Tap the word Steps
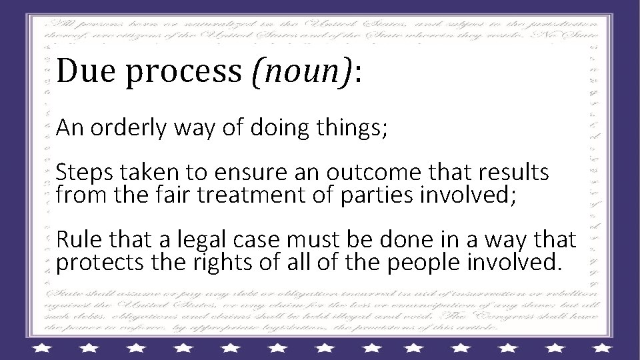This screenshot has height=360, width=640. (81, 174)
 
